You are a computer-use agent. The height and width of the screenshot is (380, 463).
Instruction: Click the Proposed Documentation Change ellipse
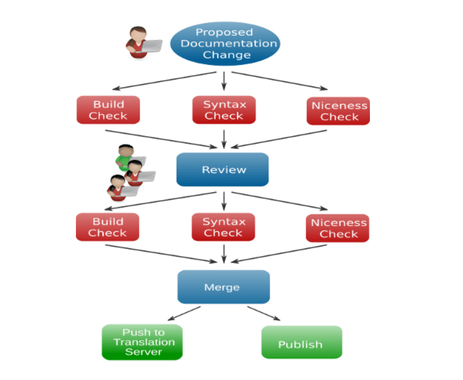[x=225, y=44]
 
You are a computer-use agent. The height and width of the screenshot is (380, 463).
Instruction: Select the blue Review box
[x=222, y=170]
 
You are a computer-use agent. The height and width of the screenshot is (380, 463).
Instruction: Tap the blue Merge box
[x=223, y=287]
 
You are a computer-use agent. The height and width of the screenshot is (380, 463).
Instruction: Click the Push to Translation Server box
[x=142, y=342]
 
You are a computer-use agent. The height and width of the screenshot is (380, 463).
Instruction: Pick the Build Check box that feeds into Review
[x=108, y=110]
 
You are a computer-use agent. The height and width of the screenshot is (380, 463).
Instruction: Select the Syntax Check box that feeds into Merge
[x=223, y=227]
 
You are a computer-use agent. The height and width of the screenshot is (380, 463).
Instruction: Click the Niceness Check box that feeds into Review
[x=338, y=111]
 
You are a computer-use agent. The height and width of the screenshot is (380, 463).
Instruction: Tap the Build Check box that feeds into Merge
[x=107, y=227]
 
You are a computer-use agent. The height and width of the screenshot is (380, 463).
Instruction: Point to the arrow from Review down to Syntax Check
[x=224, y=199]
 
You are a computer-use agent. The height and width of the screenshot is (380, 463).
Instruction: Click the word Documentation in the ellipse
[x=228, y=43]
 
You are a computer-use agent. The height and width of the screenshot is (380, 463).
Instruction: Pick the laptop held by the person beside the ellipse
[x=152, y=46]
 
